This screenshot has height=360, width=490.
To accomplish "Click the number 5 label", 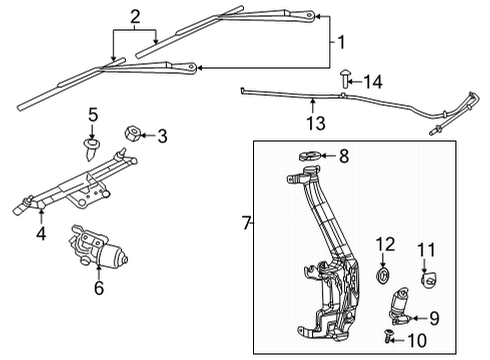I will click(x=92, y=115).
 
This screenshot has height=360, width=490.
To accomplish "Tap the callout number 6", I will click(x=98, y=287).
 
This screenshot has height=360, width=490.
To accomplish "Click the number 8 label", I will click(x=343, y=156).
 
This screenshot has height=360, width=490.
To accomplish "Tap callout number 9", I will click(x=433, y=319).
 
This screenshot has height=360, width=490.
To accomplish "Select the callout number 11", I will click(x=427, y=250).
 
